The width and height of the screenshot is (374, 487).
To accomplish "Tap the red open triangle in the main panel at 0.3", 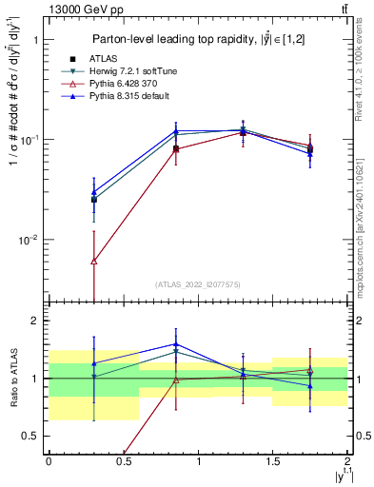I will point(93,261).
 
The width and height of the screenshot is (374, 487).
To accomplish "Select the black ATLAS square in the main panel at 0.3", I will point(93,200).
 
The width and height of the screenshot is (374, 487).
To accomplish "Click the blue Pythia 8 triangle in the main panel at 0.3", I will point(93,191).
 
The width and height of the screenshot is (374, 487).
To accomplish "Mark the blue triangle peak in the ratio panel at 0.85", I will point(175,344).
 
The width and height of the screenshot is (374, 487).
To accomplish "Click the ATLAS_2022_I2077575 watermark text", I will point(198,283).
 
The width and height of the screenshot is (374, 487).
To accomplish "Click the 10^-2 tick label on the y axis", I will point(30,240).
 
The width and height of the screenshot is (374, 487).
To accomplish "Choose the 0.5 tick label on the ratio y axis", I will point(31,437).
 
